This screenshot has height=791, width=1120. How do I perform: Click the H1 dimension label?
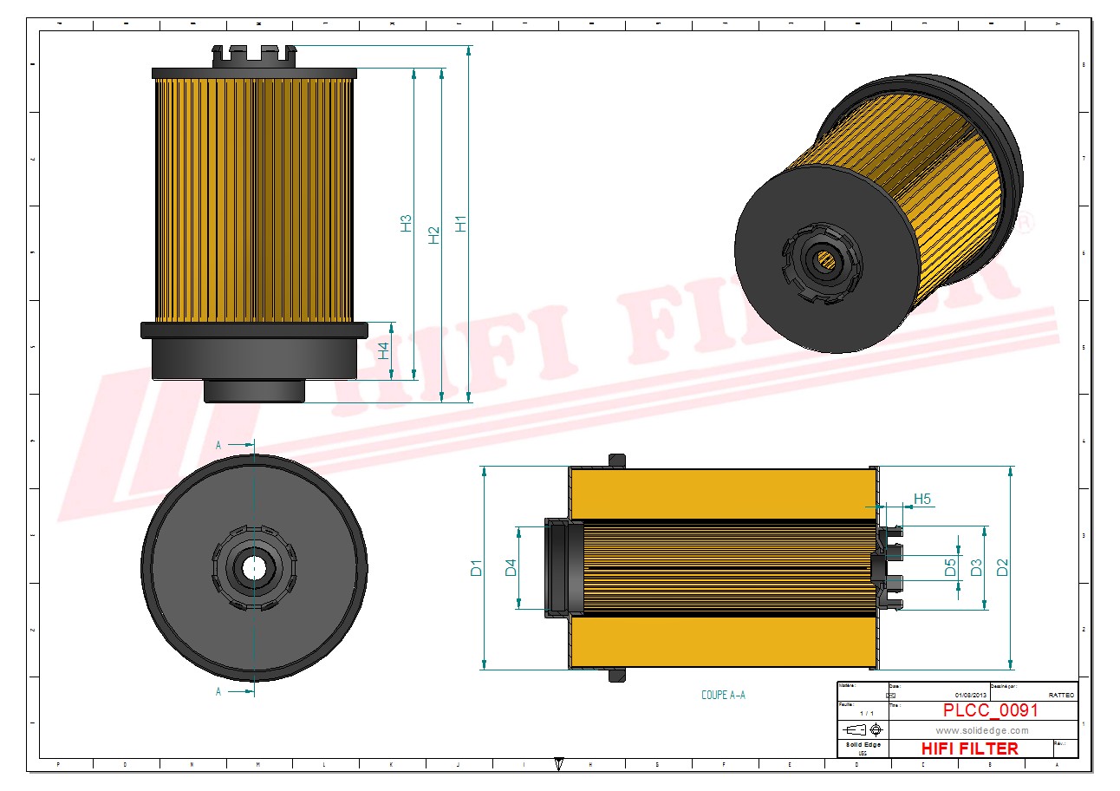coord(461,223)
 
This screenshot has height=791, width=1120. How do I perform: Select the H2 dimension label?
coord(434,235)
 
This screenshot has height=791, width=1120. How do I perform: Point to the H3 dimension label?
coord(406,223)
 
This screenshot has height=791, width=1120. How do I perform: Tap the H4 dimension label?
coord(382,350)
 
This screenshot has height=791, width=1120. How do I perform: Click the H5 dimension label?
coord(921,499)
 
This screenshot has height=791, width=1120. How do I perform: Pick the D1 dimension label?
coord(476,569)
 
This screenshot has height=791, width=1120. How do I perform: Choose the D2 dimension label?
coord(1002,568)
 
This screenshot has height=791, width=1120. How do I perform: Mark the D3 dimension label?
coord(976,568)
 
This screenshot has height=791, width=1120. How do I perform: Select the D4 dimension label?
coord(511,568)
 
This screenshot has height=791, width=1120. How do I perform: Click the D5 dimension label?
coord(950,568)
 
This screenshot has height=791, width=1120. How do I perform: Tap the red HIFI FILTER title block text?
coord(969,749)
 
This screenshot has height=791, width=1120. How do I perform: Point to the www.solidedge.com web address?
coord(982,730)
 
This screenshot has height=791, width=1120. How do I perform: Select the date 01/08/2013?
coord(970,696)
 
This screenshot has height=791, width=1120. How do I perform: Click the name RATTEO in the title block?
coord(1060,696)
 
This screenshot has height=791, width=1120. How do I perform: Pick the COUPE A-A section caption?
coord(723,696)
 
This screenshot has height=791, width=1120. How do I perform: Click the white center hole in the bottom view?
coord(254,568)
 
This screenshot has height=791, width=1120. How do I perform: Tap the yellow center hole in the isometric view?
coord(827,260)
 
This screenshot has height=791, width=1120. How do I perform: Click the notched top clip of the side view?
coord(253,56)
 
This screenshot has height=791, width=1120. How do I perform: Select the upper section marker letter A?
coord(218,444)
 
